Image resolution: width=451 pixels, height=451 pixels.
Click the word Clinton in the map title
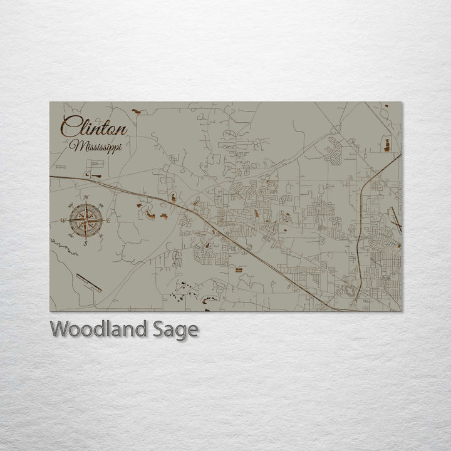pyautogui.click(x=94, y=128)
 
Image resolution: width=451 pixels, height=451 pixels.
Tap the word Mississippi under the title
pyautogui.click(x=96, y=147)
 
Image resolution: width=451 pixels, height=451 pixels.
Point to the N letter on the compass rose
pyautogui.click(x=86, y=198)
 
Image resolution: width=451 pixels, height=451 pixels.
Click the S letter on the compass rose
pyautogui.click(x=85, y=243)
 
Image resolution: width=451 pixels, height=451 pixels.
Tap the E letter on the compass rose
pyautogui.click(x=108, y=221)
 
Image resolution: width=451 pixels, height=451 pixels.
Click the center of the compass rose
pyautogui.click(x=86, y=220)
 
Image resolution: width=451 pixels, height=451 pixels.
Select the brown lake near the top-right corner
pyautogui.click(x=386, y=145)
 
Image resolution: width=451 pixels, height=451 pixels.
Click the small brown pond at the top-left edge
pyautogui.click(x=136, y=111)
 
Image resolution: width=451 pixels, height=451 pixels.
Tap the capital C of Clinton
pyautogui.click(x=70, y=127)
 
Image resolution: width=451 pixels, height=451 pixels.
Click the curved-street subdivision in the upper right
pyautogui.click(x=334, y=148)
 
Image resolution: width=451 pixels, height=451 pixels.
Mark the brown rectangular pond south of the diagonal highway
pyautogui.click(x=238, y=269)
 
